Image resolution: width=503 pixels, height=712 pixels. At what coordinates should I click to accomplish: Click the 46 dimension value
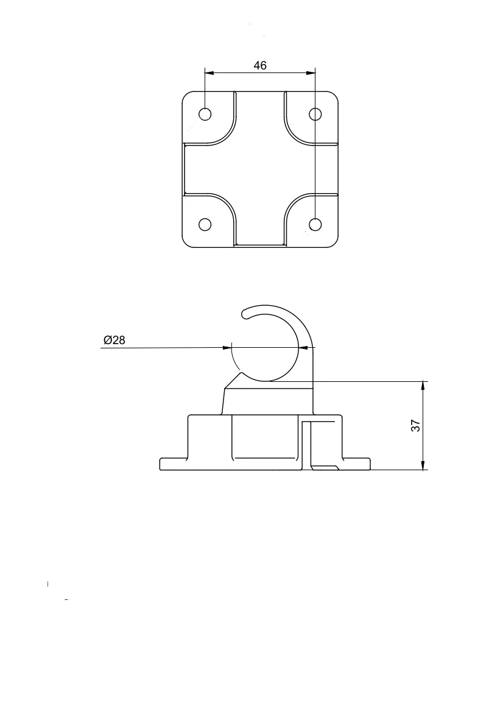[x=260, y=66]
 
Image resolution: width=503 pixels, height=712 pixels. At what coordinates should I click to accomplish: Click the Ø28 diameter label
[x=114, y=340]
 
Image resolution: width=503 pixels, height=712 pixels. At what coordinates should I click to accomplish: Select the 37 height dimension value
[x=415, y=426]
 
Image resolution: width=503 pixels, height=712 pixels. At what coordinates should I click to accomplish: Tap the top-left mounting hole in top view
[x=205, y=114]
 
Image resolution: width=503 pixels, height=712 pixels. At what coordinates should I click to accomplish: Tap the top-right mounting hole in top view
[x=315, y=114]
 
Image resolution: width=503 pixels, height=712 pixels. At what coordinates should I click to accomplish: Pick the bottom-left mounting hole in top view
[x=205, y=224]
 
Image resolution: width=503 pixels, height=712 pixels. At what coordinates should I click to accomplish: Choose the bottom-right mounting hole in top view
[x=315, y=224]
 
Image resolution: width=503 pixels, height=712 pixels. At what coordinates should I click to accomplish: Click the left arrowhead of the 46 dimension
[x=209, y=73]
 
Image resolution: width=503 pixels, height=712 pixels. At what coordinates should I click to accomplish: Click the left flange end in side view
[x=161, y=464]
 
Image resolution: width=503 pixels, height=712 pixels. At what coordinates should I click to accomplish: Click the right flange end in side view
[x=370, y=464]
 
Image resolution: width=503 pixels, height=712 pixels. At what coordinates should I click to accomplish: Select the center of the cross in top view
[x=260, y=169]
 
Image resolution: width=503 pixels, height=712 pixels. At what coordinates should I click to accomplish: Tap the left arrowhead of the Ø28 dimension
[x=228, y=348]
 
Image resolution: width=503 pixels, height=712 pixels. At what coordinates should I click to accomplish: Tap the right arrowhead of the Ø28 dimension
[x=304, y=348]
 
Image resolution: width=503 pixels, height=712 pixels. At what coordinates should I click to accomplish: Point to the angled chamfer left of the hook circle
[x=233, y=381]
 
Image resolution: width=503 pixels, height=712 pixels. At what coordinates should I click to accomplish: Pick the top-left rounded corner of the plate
[x=186, y=95]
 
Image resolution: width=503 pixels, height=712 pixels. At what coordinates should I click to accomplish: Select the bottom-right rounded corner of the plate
[x=334, y=244]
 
